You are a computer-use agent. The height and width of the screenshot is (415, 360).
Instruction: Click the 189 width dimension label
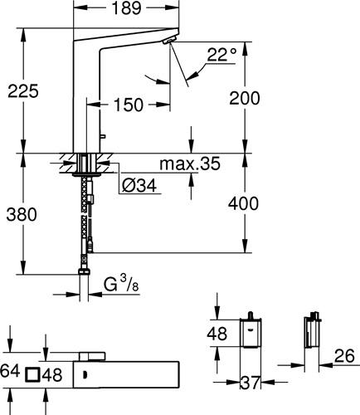[x=126, y=8]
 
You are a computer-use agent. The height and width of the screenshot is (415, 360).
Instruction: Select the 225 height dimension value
[x=23, y=91]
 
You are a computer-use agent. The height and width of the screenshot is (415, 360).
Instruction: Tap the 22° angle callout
[x=222, y=55]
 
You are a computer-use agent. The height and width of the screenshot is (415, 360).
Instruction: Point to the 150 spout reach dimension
[x=129, y=105]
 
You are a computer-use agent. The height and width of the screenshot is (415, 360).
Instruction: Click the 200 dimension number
[x=245, y=98]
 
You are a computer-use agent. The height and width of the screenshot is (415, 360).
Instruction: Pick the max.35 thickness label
[x=190, y=164]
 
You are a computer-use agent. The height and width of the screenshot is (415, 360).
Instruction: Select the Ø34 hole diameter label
[x=139, y=185]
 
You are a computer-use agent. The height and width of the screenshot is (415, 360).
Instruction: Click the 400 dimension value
[x=243, y=203]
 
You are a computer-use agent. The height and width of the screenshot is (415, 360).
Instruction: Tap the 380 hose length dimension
[x=22, y=215]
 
